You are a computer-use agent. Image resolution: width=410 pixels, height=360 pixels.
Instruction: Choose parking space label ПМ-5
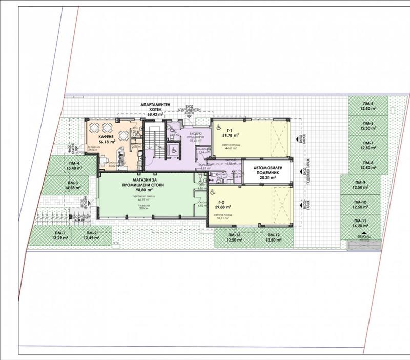(x=367, y=104)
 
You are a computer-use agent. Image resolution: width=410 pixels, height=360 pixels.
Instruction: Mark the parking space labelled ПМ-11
(x=360, y=221)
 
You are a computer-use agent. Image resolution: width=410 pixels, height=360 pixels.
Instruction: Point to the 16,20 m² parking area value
(x=360, y=226)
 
